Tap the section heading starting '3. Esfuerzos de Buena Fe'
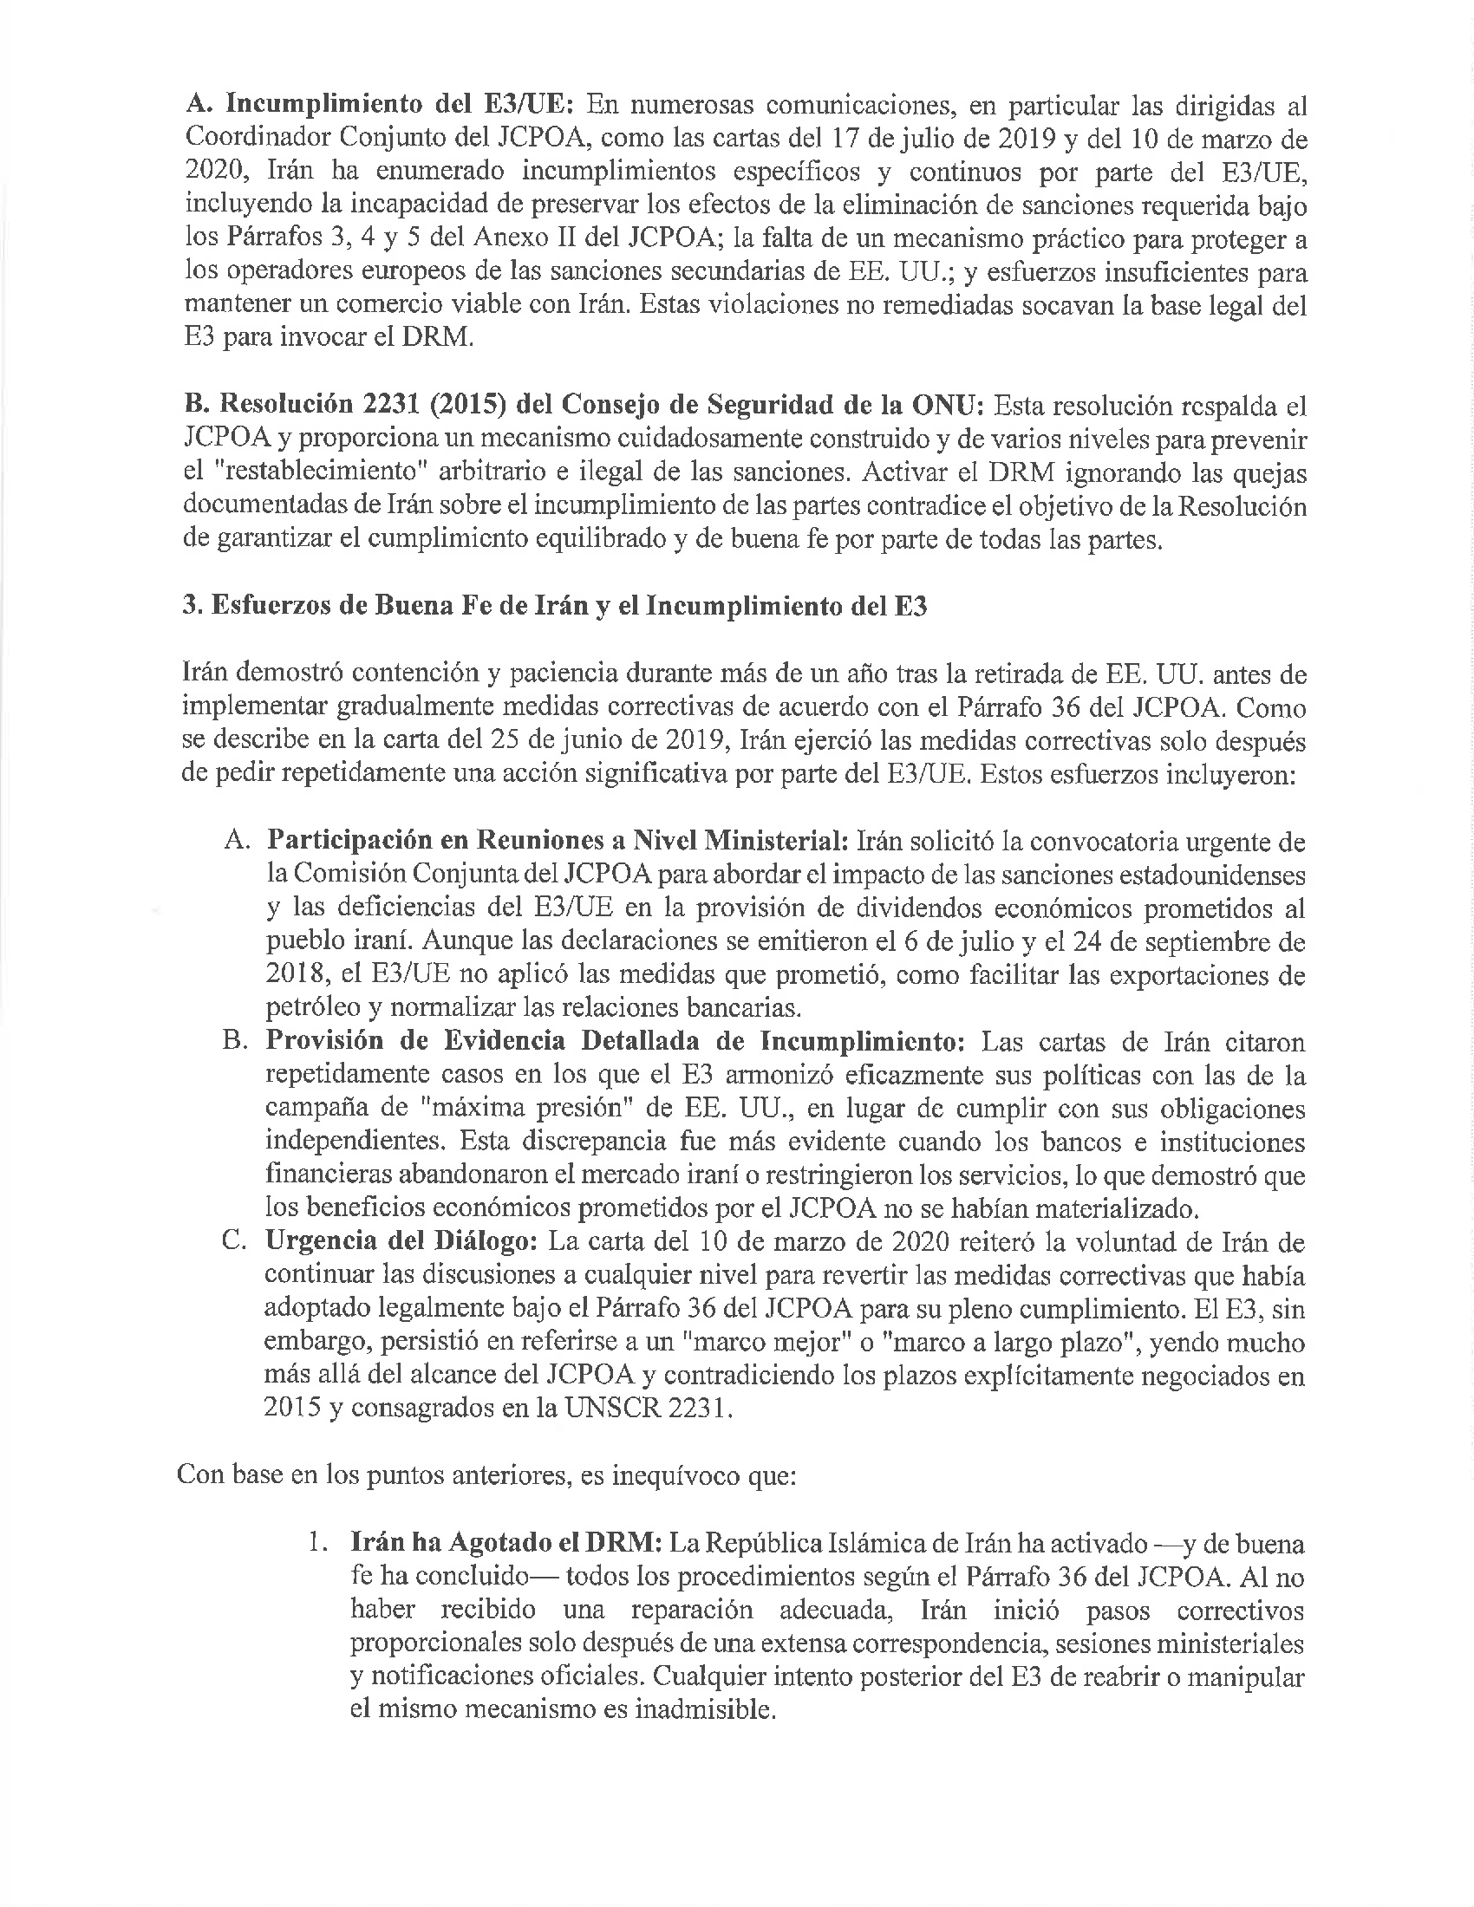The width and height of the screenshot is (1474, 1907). [x=555, y=607]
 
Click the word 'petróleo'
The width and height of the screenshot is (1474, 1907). [x=313, y=1008]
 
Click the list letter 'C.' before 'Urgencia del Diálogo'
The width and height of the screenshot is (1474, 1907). [x=237, y=1241]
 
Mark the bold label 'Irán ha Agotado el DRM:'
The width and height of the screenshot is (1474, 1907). [x=505, y=1544]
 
